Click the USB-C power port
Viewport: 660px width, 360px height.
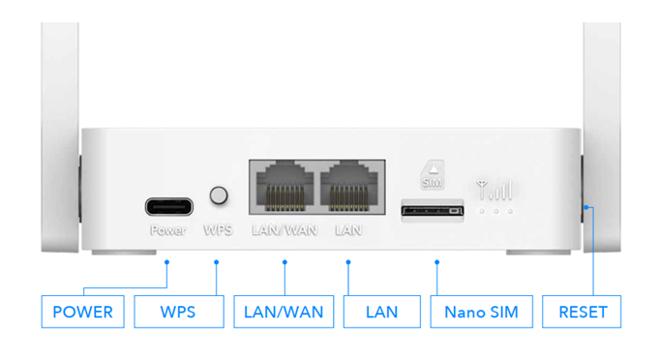[168, 206]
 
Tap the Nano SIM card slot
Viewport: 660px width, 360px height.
[433, 209]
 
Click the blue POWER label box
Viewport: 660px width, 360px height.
[82, 312]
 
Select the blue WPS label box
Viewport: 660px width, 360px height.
[178, 312]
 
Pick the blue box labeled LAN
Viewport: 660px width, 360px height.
[381, 312]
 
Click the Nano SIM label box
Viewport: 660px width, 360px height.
[481, 312]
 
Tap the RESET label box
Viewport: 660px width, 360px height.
[583, 312]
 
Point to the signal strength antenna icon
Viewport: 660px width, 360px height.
[495, 189]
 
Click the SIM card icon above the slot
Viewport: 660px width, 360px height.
[433, 176]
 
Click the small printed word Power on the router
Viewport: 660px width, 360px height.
[167, 231]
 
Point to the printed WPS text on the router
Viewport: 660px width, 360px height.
[219, 231]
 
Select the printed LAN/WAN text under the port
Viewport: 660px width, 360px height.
[285, 231]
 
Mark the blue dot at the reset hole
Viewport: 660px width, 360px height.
[586, 206]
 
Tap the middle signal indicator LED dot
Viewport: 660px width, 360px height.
[495, 210]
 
